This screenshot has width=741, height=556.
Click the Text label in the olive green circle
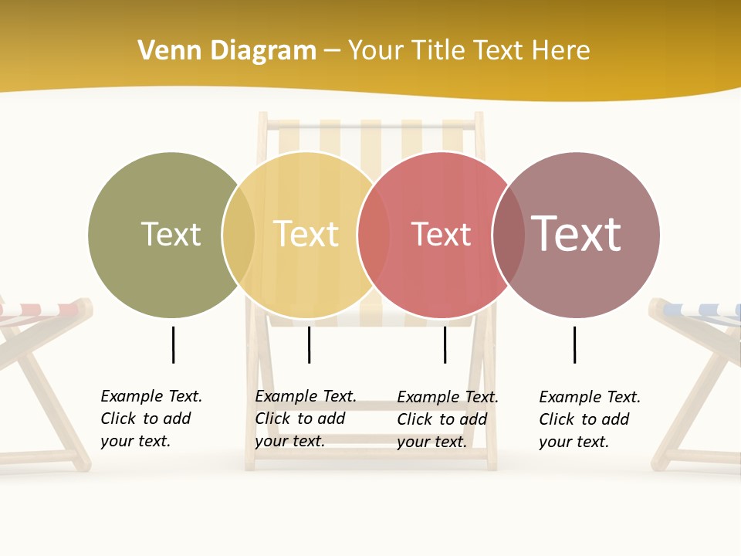pyautogui.click(x=171, y=234)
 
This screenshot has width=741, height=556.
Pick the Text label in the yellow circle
pyautogui.click(x=306, y=234)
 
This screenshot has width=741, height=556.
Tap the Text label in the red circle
pyautogui.click(x=441, y=234)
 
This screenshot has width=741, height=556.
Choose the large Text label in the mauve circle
pyautogui.click(x=576, y=234)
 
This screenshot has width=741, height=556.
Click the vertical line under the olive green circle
pyautogui.click(x=174, y=344)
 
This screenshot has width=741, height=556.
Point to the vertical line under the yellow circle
pyautogui.click(x=309, y=344)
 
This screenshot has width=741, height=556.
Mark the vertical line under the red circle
pyautogui.click(x=445, y=344)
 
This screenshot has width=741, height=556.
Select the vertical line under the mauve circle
pyautogui.click(x=574, y=344)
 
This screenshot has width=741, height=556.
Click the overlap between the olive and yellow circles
pyautogui.click(x=239, y=234)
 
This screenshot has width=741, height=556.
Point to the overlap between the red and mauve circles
pyautogui.click(x=509, y=234)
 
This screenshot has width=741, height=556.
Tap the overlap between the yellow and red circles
pyautogui.click(x=374, y=234)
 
